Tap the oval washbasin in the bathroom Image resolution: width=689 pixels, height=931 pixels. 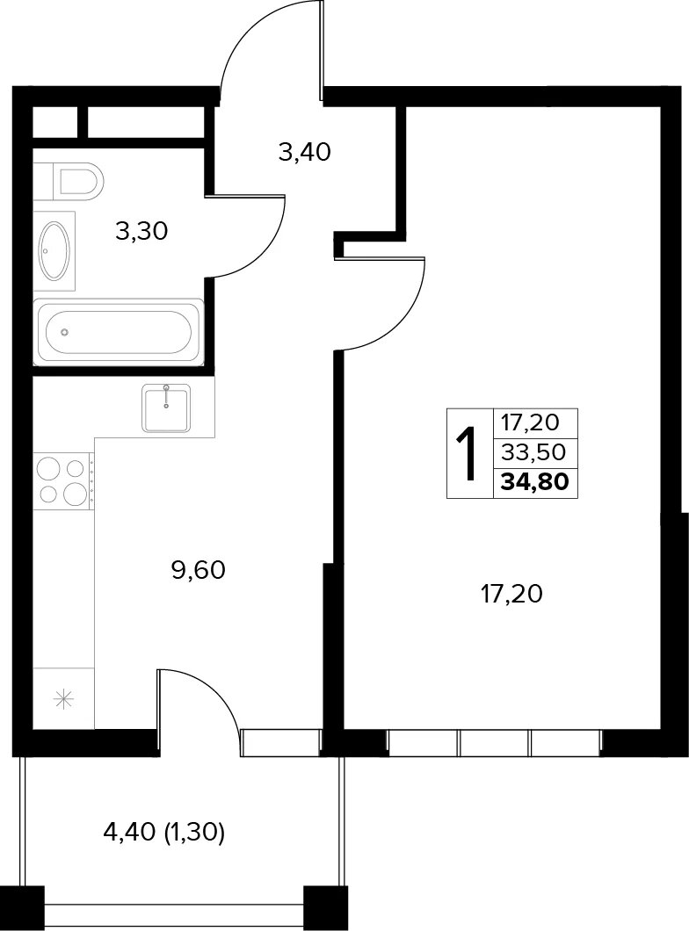pyautogui.click(x=54, y=250)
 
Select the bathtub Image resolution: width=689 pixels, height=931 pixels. pyautogui.click(x=119, y=332)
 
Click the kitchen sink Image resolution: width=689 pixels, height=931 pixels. pyautogui.click(x=166, y=408)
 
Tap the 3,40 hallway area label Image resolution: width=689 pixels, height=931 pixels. pyautogui.click(x=304, y=153)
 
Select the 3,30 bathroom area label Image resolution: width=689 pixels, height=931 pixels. pyautogui.click(x=142, y=231)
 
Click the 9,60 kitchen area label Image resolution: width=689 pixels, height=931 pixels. pyautogui.click(x=199, y=571)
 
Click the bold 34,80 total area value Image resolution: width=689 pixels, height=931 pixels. pyautogui.click(x=535, y=481)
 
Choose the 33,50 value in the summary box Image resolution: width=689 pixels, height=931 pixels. pyautogui.click(x=533, y=453)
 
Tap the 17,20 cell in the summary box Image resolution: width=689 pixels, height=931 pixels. pyautogui.click(x=531, y=423)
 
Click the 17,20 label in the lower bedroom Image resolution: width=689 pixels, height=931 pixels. pyautogui.click(x=511, y=594)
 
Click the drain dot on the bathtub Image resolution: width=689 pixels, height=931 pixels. pyautogui.click(x=65, y=332)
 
